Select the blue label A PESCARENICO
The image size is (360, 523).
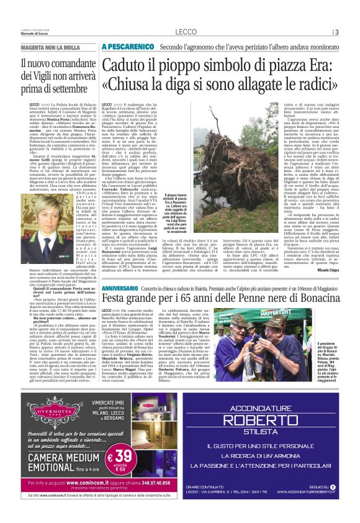coord(127,47)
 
